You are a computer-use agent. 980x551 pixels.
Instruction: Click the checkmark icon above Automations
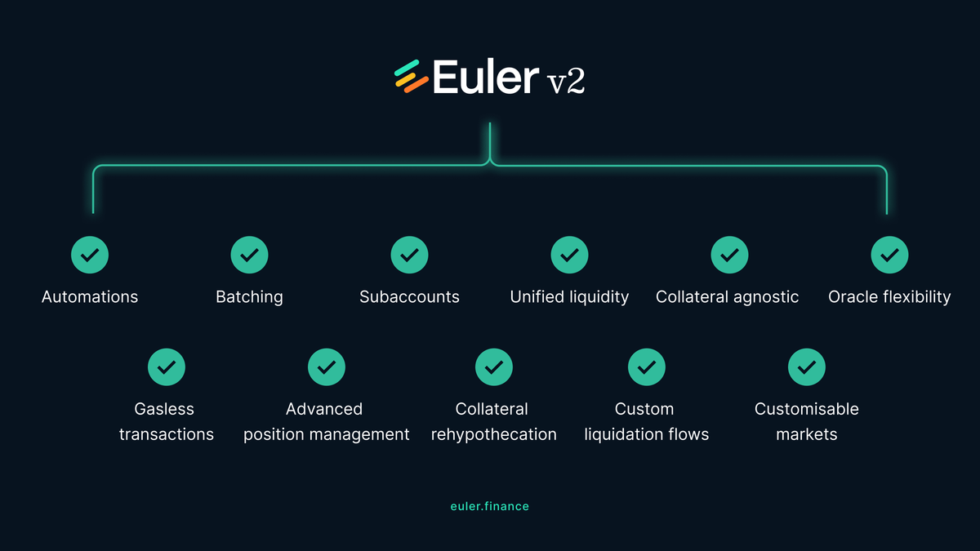tap(90, 255)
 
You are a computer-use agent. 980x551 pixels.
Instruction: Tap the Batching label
tap(249, 296)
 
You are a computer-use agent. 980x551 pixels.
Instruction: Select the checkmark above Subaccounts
tap(410, 255)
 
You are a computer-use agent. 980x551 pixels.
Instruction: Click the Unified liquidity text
tap(569, 296)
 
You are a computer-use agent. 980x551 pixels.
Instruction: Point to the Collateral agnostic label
tap(727, 296)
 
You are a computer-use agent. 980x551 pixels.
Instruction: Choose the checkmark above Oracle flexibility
tap(889, 255)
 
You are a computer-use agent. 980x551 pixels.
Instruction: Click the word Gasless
tap(166, 409)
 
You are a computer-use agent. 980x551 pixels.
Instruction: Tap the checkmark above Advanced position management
tap(326, 367)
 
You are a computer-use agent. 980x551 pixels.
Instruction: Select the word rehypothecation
tap(493, 434)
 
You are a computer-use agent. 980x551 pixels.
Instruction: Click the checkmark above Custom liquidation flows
tap(646, 367)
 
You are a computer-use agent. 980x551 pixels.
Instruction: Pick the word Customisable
tap(806, 409)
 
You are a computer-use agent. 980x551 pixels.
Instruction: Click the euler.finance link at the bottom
tap(489, 506)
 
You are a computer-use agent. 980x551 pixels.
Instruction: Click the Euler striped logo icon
tap(411, 76)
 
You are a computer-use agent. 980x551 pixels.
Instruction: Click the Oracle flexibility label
tap(889, 296)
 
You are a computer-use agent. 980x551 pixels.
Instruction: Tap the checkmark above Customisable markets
tap(806, 367)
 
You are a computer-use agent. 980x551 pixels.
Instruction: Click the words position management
tap(326, 434)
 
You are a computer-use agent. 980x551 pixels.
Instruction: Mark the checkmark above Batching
tap(250, 255)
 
